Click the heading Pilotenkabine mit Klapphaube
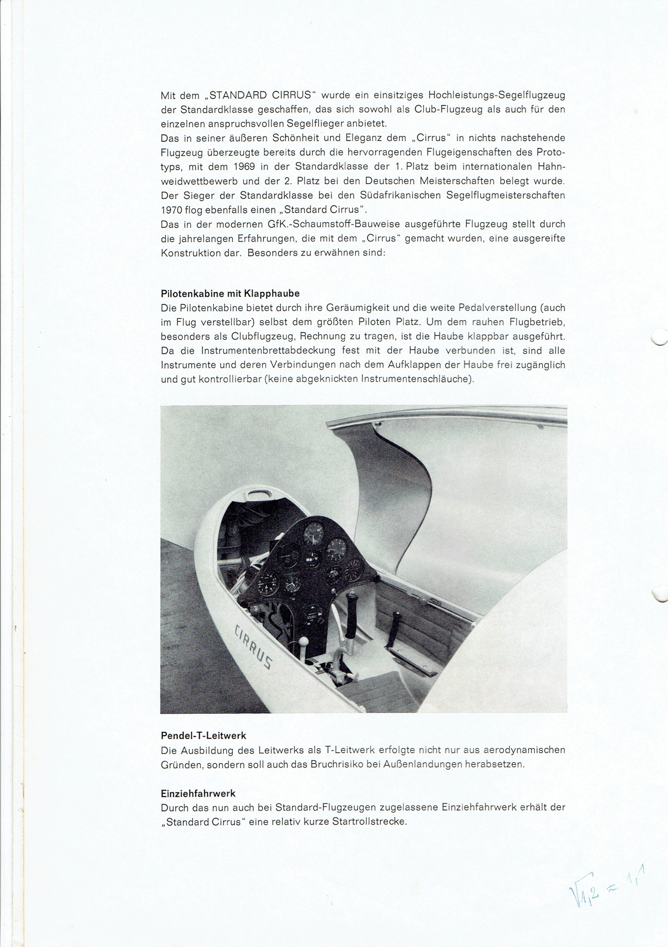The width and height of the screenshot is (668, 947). [230, 294]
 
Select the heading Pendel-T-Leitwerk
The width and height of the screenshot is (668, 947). [203, 736]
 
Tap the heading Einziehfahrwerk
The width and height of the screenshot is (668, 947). [198, 793]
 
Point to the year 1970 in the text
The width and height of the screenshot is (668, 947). [172, 209]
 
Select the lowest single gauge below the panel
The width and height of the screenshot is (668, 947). [312, 611]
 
